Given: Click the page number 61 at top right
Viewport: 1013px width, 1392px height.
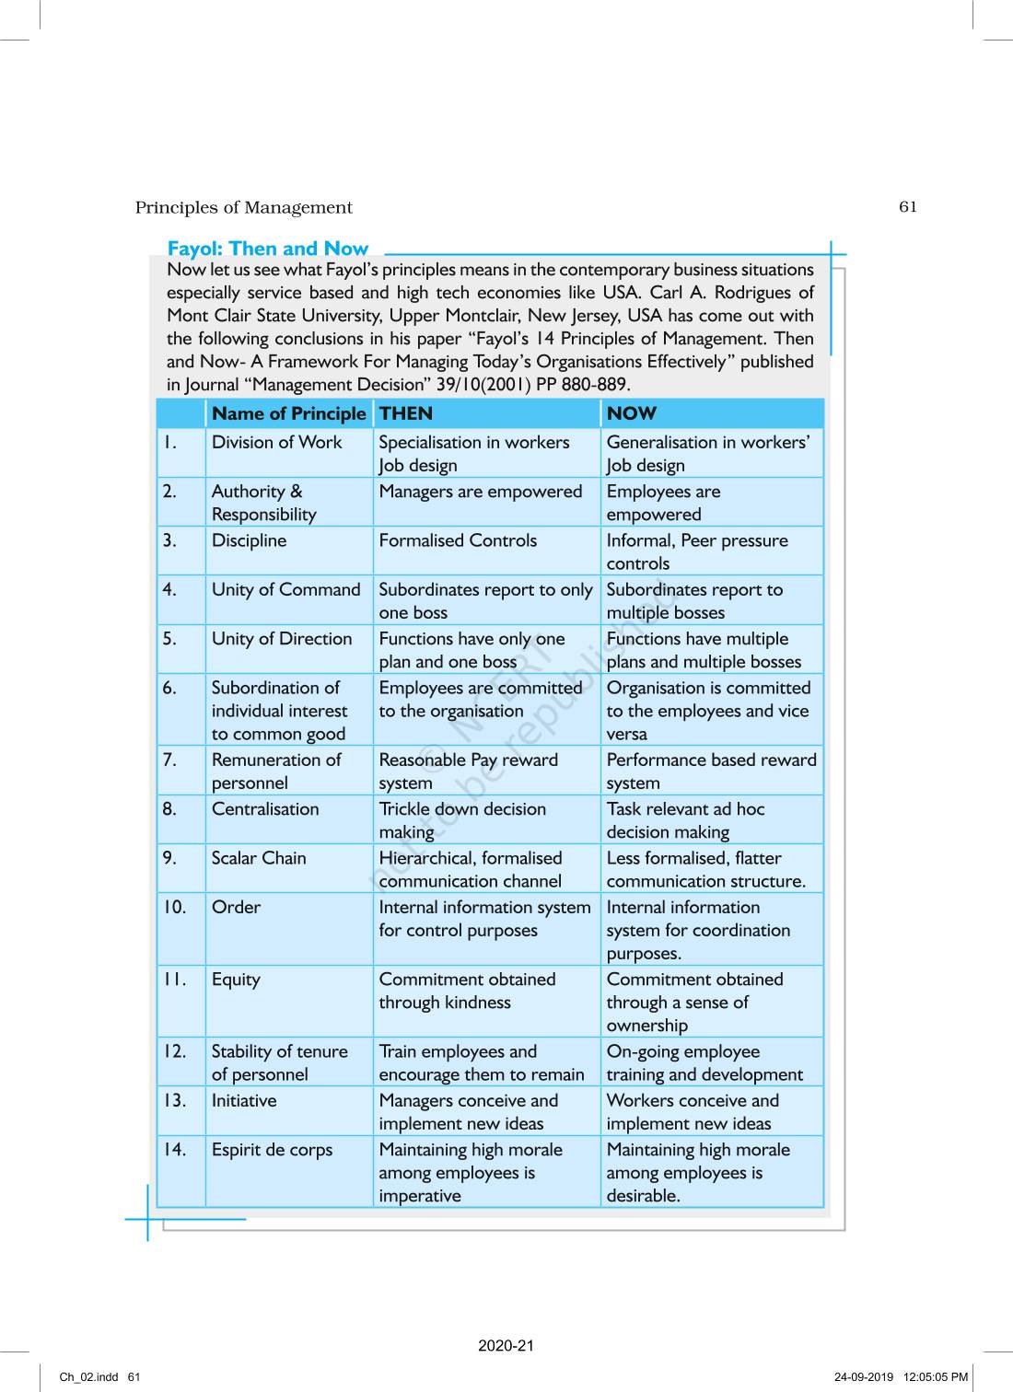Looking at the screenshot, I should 908,206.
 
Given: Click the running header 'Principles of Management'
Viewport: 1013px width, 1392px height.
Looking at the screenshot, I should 244,208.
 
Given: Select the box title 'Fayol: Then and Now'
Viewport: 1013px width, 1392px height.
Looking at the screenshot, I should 267,249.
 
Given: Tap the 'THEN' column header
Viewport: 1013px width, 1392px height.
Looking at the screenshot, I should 405,413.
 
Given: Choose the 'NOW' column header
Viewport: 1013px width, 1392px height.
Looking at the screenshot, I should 632,413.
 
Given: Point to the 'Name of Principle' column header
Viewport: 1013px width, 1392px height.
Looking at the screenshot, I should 288,413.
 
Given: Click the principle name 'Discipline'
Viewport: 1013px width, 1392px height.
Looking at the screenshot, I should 249,540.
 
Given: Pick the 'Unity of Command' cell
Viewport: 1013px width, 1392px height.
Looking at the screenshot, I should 285,589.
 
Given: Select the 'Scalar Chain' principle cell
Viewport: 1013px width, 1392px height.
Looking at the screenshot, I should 259,858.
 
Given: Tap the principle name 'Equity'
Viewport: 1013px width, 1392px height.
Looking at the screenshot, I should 236,980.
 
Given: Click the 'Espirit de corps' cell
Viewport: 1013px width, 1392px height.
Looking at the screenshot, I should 272,1150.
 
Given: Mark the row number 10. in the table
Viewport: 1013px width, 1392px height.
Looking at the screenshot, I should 174,907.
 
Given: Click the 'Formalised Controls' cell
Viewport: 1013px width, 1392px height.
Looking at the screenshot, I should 458,540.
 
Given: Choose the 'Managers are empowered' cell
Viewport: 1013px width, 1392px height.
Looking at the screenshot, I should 480,492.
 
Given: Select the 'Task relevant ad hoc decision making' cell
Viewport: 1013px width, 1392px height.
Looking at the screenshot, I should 685,820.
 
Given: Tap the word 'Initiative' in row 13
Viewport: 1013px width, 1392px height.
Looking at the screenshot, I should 244,1100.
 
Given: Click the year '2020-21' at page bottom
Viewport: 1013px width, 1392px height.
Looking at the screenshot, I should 506,1345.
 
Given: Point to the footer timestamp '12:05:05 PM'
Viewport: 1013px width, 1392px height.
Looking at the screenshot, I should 936,1377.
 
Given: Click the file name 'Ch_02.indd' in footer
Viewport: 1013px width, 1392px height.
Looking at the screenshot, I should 89,1377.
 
